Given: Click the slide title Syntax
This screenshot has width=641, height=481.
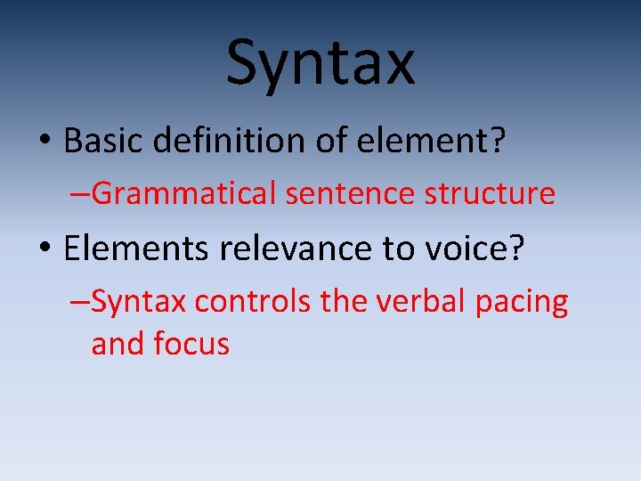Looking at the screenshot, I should pos(320,62).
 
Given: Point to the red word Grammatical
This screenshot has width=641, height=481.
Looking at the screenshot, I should pos(184,193).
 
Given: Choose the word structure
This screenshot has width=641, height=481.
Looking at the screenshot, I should pos(487,193).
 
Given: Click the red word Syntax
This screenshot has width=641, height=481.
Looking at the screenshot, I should pos(138,302).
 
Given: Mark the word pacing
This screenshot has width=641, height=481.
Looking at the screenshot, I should pos(521,304).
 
